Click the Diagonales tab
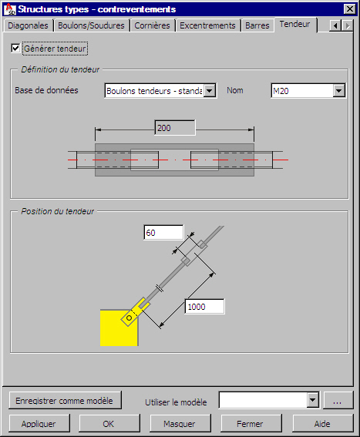[28, 25]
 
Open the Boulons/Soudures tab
[91, 25]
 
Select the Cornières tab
[153, 25]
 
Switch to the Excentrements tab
[207, 25]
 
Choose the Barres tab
[257, 25]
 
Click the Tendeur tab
[295, 25]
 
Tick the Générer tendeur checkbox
[15, 49]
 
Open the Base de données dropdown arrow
[210, 91]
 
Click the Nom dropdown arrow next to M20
[339, 91]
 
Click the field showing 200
[175, 128]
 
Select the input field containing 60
[163, 233]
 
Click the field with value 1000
[205, 307]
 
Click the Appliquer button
[39, 424]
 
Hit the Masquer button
[180, 424]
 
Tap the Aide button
[323, 424]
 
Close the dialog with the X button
[350, 9]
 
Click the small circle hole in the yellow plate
[129, 318]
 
